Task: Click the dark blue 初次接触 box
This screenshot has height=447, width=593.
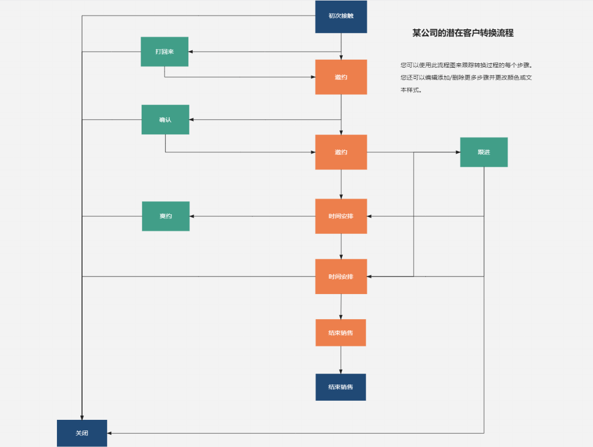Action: (341, 17)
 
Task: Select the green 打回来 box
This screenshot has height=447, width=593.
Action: (164, 52)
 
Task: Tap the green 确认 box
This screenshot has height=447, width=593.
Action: (165, 119)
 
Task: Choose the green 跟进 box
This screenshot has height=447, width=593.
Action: (483, 152)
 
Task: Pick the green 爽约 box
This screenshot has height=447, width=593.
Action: (166, 216)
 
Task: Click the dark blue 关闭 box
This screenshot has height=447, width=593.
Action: (82, 433)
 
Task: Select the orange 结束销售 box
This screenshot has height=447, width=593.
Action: (341, 332)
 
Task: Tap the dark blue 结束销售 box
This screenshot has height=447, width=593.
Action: (341, 387)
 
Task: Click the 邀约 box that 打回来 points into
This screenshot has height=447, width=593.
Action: (341, 77)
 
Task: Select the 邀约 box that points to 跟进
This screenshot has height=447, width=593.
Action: (341, 152)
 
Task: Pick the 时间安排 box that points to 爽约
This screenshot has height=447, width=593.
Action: (341, 216)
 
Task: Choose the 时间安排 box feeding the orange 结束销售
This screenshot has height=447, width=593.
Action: (341, 277)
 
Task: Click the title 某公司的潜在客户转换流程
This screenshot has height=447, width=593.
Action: (463, 33)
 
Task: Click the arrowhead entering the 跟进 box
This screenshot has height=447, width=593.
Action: (458, 152)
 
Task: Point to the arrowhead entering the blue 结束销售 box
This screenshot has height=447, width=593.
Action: (341, 371)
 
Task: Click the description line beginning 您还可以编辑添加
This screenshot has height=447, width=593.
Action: (466, 78)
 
